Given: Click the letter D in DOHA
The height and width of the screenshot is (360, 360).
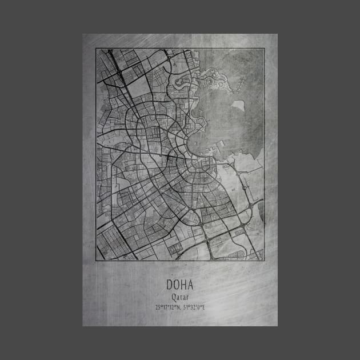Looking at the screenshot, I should (170, 285).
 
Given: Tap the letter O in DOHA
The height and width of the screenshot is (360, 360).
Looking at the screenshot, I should (176, 285).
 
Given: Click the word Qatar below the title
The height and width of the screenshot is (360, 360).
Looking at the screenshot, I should (179, 297).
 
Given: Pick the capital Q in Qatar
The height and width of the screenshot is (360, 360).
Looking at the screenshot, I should (173, 297).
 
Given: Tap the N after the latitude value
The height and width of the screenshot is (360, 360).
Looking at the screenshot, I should (178, 307).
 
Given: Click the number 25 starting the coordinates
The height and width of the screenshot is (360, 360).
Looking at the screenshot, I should (157, 307).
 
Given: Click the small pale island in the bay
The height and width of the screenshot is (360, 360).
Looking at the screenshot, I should (238, 105).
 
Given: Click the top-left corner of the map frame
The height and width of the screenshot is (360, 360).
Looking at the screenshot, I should (96, 49).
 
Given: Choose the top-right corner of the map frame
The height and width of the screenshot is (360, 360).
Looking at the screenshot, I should (264, 49).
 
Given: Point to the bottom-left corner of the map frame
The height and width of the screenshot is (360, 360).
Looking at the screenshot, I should (96, 261).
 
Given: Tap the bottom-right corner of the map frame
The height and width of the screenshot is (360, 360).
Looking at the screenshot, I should (264, 261).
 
